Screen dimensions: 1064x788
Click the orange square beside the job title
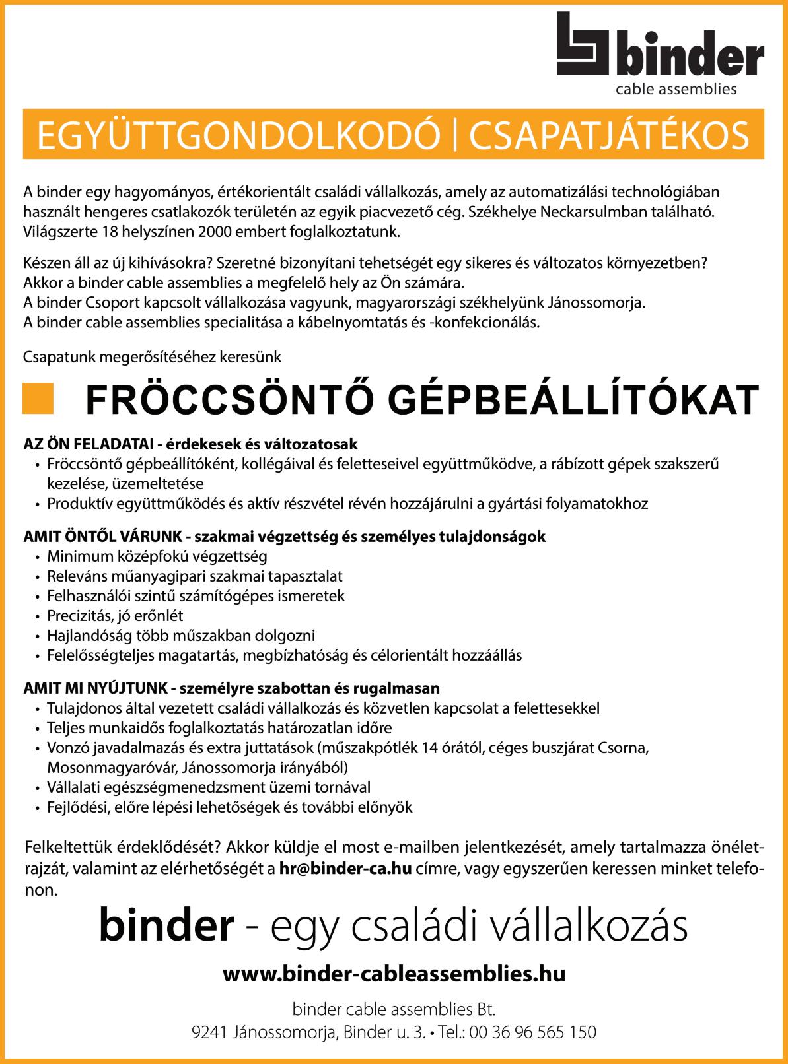coord(38,399)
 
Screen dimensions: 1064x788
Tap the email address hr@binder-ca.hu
coord(345,869)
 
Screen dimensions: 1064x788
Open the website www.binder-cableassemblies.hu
coord(394,974)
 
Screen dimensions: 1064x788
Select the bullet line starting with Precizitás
coord(115,616)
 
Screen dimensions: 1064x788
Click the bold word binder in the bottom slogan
coord(166,927)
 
